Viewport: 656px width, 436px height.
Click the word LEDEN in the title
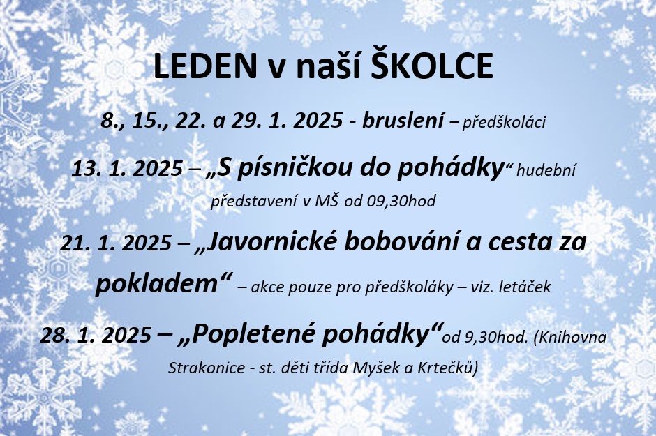[x=205, y=67]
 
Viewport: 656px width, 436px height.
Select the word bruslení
[x=403, y=121]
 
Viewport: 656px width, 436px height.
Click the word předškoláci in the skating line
[x=504, y=123]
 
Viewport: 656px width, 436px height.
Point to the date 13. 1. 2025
[x=127, y=169]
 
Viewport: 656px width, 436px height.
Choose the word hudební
[x=546, y=170]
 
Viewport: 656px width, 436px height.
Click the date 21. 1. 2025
[x=116, y=243]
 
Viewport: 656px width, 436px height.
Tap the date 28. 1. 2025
[x=96, y=335]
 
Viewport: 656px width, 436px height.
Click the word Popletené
[x=251, y=334]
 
